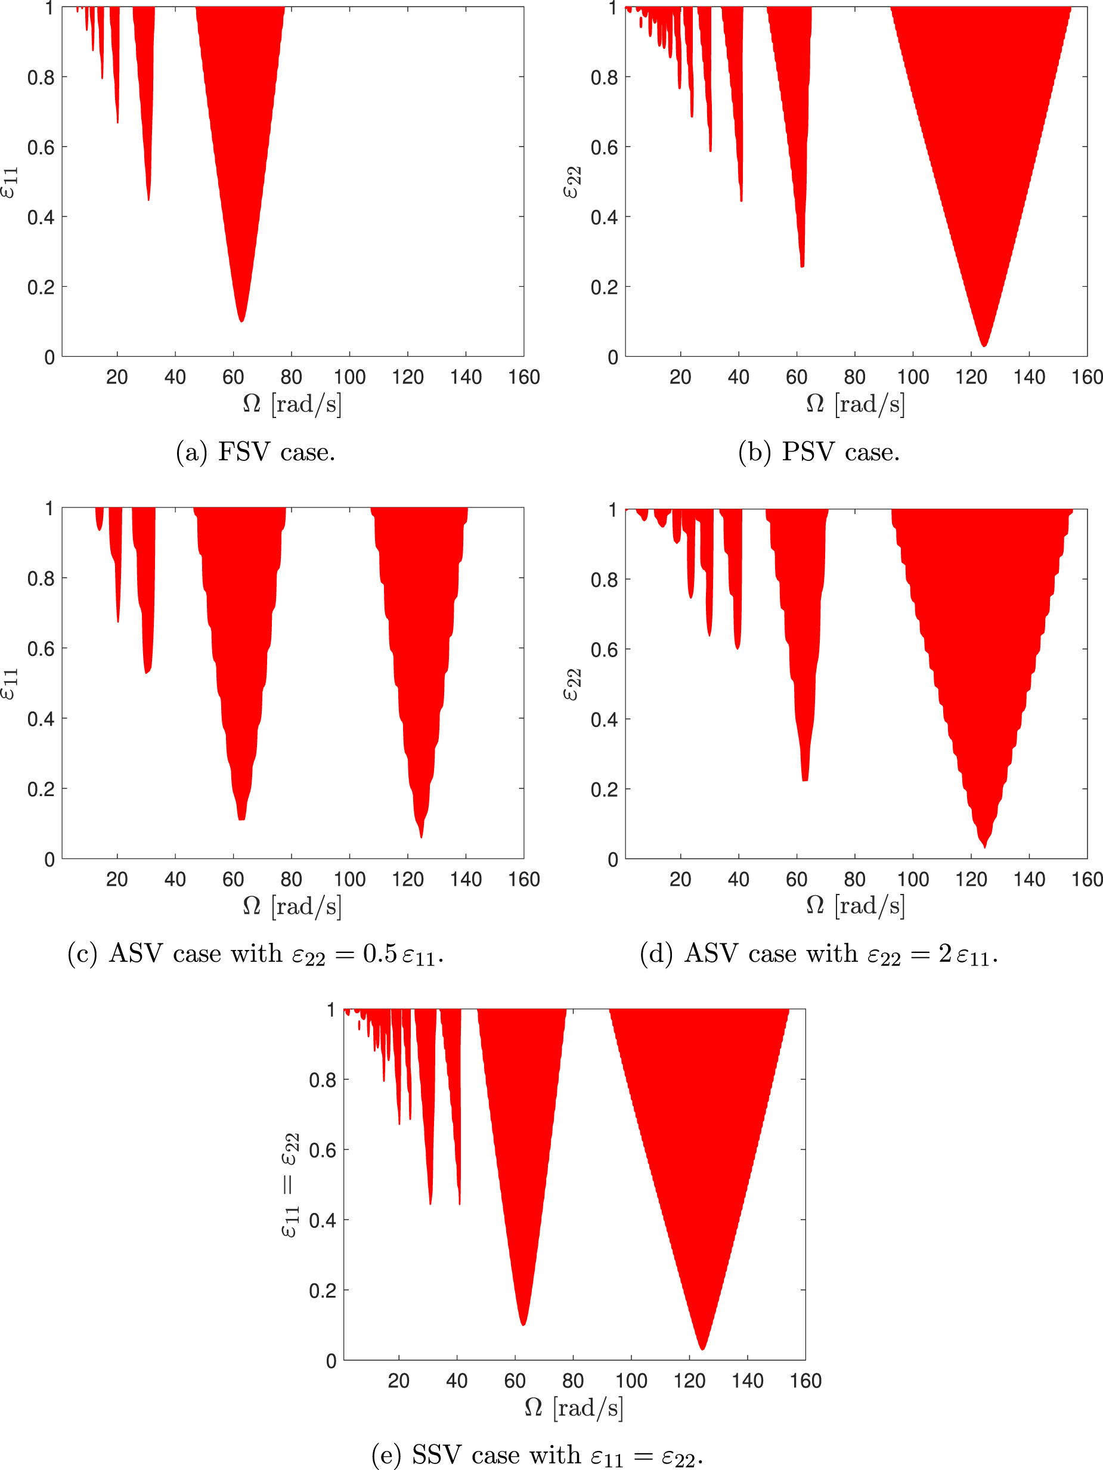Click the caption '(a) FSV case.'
pos(255,453)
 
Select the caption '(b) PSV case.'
pos(819,453)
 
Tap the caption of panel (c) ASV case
pos(255,954)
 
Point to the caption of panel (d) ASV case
pos(819,954)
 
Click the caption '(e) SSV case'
pos(537,1455)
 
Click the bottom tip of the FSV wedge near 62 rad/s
pos(241,321)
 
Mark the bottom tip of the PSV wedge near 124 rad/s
pos(984,345)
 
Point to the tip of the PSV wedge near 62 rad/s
pos(802,266)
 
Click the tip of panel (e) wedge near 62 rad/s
pos(523,1324)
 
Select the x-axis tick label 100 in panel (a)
pos(349,377)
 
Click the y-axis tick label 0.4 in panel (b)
pos(604,217)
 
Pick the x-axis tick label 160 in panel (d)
pos(1087,879)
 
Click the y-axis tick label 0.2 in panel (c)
pos(41,790)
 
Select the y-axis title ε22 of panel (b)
pos(571,182)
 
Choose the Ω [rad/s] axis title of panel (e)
pos(574,1407)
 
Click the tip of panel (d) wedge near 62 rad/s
pos(805,779)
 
